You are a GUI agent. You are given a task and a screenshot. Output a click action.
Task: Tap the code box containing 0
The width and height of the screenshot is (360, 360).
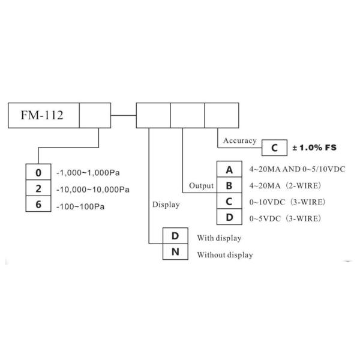point(38,173)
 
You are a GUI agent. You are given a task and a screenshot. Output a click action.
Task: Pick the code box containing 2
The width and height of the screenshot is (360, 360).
point(38,188)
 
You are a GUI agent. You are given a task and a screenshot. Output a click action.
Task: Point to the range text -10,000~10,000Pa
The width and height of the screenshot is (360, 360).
point(93,189)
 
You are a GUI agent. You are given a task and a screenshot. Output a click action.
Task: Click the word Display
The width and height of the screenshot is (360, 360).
point(166,204)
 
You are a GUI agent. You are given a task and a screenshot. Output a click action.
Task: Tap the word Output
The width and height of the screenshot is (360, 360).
point(202,186)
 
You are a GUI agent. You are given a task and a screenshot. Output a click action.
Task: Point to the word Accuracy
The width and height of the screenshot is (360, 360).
point(240,140)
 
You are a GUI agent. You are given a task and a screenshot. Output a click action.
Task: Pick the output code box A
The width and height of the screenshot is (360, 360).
point(229,170)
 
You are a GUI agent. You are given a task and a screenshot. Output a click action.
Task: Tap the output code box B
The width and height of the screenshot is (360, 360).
point(229,185)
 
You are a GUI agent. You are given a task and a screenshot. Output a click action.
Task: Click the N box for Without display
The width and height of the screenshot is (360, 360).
point(176,252)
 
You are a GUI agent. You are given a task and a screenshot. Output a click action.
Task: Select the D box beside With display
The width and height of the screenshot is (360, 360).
point(176,236)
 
